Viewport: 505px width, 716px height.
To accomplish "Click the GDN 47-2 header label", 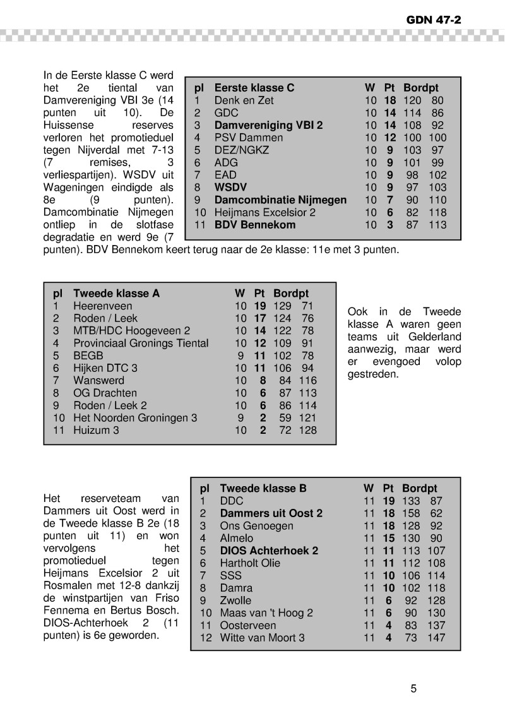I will pos(434,20).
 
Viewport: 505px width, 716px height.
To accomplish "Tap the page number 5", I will pos(413,689).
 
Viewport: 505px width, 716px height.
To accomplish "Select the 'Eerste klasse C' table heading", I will pos(254,88).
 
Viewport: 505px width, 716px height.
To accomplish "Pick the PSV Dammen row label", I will pos(244,138).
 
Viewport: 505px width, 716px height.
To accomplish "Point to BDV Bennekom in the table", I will pos(255,225).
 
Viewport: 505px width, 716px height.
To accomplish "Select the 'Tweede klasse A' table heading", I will pos(116,294).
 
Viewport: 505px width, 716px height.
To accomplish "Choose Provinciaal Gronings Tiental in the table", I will pos(141,343).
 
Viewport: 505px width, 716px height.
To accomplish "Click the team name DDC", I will pos(231,501).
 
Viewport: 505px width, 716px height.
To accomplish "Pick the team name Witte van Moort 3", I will pos(262,638).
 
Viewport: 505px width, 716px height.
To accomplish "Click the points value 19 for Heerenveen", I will pos(259,306).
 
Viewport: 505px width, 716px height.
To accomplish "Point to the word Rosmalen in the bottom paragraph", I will pos(68,585).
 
